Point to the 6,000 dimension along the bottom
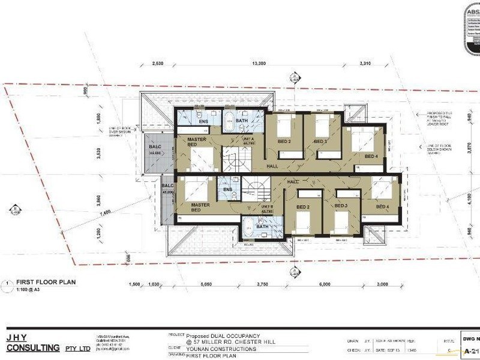coord(325,284)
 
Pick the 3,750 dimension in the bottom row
coord(263,284)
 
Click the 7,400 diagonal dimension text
coord(106,211)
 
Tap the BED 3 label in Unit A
coord(321,142)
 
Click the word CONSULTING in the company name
coord(33,347)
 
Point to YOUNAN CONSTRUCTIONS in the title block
coord(221,349)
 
